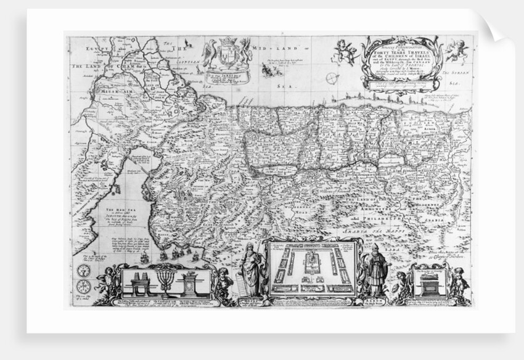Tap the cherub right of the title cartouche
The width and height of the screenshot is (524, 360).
456,49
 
